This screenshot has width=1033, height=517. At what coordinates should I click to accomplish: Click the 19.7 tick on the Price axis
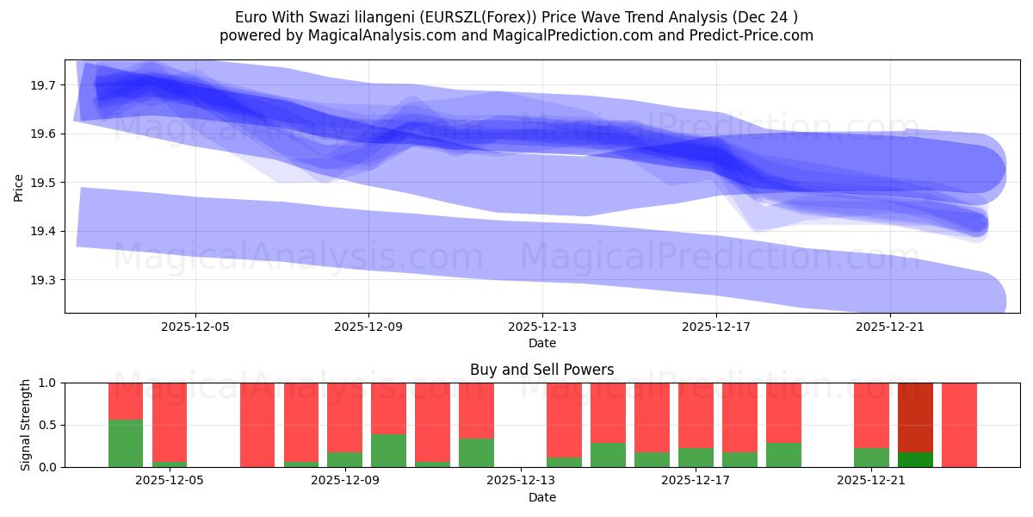(44, 85)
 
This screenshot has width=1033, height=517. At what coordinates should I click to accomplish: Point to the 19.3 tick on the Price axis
(44, 280)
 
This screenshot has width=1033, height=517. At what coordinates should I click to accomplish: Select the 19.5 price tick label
(44, 183)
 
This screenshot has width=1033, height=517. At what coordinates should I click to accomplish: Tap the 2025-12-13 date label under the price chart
(542, 327)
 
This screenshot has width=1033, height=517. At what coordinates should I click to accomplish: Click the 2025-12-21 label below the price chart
(889, 327)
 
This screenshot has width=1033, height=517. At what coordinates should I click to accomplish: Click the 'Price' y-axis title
(18, 187)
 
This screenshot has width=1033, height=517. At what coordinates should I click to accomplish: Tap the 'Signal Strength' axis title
(26, 425)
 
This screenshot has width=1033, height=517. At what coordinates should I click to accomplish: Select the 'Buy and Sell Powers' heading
(541, 370)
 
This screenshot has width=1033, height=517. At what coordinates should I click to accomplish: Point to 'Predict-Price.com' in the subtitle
(756, 35)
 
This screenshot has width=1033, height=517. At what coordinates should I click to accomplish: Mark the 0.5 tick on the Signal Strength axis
(50, 425)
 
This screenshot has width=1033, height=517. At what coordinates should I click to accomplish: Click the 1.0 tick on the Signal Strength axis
(50, 383)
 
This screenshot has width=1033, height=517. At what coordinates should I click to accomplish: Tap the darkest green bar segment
(915, 459)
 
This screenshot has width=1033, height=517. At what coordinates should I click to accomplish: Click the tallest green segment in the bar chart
(126, 443)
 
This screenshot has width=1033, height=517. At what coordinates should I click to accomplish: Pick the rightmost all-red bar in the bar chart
(959, 425)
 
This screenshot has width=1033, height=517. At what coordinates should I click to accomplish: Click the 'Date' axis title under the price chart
(541, 343)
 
